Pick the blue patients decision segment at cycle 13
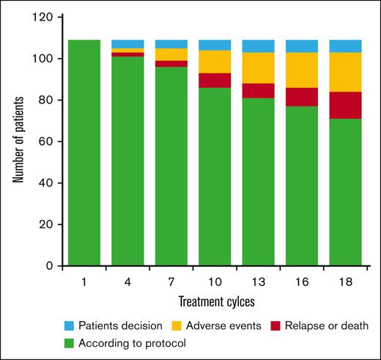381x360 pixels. point(259,45)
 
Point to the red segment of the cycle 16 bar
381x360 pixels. point(302,97)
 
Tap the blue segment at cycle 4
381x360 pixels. point(127,43)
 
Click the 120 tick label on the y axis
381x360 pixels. point(49,18)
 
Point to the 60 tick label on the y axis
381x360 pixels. point(52,142)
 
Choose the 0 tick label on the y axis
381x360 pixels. point(55,265)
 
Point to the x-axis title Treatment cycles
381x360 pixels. point(215,301)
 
